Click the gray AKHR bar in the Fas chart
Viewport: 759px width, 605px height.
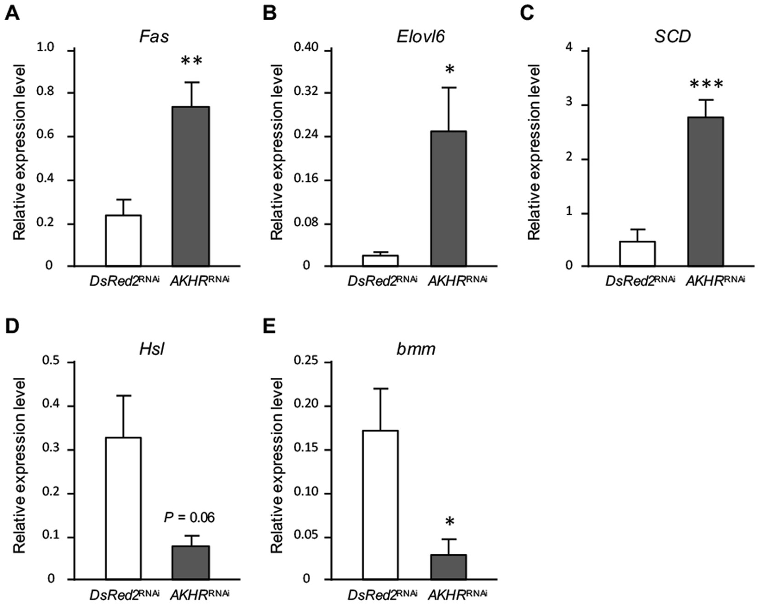pos(190,186)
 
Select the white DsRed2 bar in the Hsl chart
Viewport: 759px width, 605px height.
pos(123,508)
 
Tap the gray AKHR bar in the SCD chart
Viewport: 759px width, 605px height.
pos(706,191)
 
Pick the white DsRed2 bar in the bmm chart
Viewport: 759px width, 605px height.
pos(380,505)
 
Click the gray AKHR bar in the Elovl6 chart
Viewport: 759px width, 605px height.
pos(448,198)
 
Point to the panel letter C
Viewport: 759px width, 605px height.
pos(527,13)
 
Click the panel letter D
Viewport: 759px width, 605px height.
pos(12,326)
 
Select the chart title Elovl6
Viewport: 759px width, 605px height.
pos(420,37)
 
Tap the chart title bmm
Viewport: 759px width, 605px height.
pos(416,349)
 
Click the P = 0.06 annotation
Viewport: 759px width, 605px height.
pos(189,518)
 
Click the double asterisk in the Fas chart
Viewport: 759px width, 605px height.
pos(191,61)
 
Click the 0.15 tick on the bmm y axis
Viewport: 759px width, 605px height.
pos(307,449)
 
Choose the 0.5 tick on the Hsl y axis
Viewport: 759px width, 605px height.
pos(50,362)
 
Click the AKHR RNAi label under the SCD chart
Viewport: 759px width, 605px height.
pos(715,281)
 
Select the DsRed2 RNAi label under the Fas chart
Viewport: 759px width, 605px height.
pos(124,281)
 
